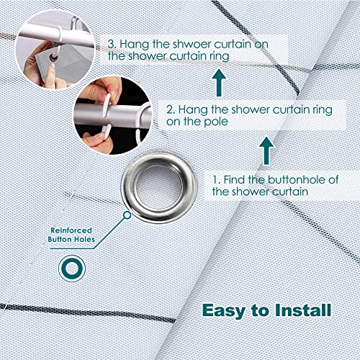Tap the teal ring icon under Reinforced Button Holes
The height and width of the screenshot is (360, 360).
pos(72,268)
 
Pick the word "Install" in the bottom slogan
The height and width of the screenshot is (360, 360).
pos(300,310)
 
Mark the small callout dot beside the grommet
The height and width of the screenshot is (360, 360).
pos(127,214)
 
